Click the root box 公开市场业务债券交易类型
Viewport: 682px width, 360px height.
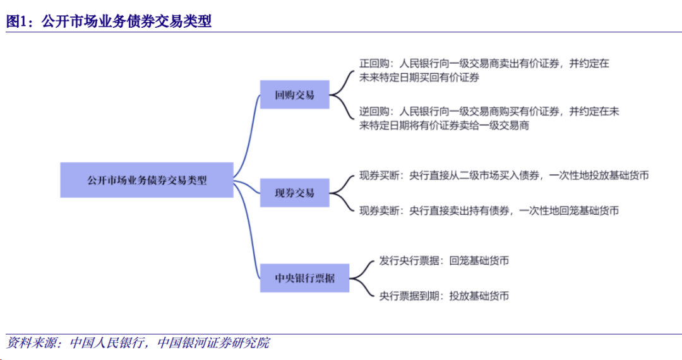pos(147,179)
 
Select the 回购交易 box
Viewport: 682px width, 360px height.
pos(295,95)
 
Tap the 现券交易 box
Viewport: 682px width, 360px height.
pos(295,193)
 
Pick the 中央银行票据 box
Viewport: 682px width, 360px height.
pos(304,278)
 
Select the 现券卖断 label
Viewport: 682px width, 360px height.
pos(380,210)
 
